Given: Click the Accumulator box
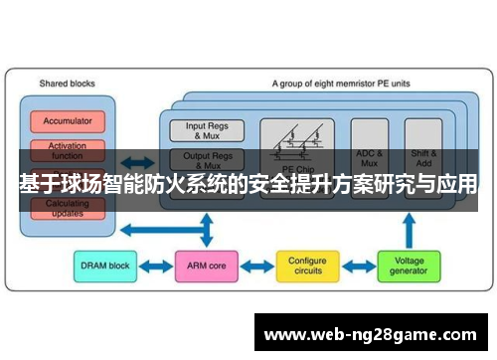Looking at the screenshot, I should click(68, 121).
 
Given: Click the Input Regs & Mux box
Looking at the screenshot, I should click(208, 130).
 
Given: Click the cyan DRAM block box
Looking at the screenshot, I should click(105, 267).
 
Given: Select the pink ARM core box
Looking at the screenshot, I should click(207, 267).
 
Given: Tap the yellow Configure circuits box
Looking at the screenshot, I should click(307, 267).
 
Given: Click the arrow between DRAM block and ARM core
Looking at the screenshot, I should click(156, 267).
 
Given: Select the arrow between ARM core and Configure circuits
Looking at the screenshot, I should click(257, 267).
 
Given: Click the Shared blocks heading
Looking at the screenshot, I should click(67, 84).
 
